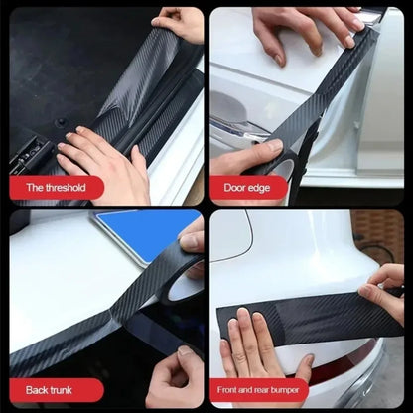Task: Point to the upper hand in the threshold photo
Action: (x=181, y=22)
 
